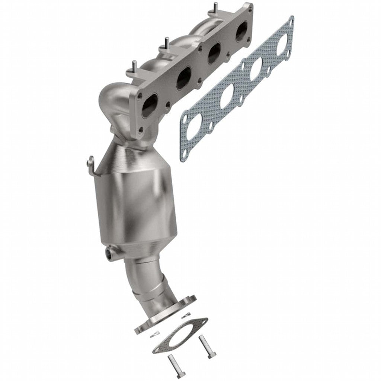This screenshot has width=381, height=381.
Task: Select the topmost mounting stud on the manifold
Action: click(x=215, y=7)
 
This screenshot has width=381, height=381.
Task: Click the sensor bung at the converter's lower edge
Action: click(x=110, y=254)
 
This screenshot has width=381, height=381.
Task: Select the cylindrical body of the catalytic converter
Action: click(x=136, y=208)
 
